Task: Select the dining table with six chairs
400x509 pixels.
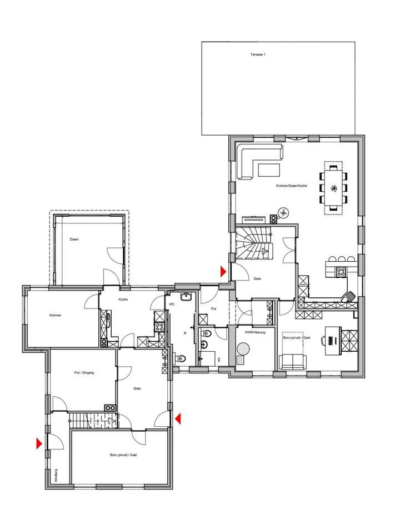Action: (x=333, y=187)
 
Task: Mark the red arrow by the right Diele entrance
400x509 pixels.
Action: (x=223, y=271)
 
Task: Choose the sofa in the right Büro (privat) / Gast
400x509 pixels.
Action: (x=292, y=362)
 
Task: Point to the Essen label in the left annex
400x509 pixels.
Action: (x=74, y=239)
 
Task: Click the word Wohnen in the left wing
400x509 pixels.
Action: (x=55, y=316)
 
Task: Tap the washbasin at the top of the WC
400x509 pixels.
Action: (x=187, y=297)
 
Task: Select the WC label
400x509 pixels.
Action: (x=172, y=304)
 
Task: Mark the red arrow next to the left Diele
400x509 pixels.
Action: (x=178, y=418)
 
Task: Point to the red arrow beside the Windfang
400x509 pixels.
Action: (x=39, y=443)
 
